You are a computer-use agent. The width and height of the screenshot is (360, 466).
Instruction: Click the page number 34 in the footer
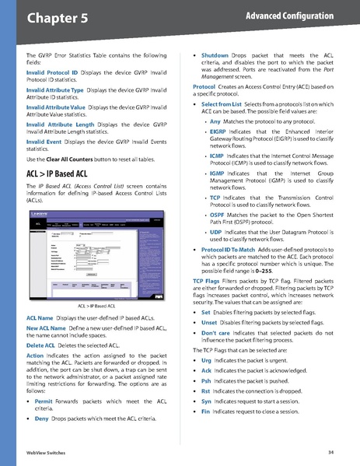pos(331,452)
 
